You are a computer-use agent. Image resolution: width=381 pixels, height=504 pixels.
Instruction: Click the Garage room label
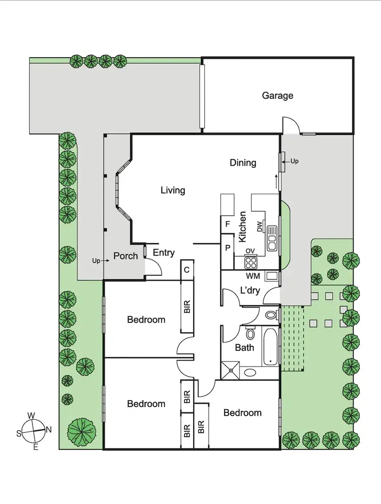277,95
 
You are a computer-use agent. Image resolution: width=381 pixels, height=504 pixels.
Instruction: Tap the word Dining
243,163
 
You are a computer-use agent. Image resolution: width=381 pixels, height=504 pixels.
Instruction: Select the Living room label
173,191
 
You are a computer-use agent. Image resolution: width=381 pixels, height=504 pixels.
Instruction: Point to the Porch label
125,256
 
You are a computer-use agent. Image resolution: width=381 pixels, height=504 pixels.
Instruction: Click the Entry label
164,253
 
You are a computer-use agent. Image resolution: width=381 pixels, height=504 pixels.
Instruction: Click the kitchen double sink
273,238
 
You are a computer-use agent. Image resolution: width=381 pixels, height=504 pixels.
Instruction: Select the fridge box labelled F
228,223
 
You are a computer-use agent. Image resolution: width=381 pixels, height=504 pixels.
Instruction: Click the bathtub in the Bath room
270,346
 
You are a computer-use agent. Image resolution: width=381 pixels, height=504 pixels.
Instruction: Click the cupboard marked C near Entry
187,270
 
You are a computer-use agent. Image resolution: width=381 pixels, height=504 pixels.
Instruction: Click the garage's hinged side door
290,125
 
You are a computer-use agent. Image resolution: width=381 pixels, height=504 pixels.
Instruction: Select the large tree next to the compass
81,431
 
